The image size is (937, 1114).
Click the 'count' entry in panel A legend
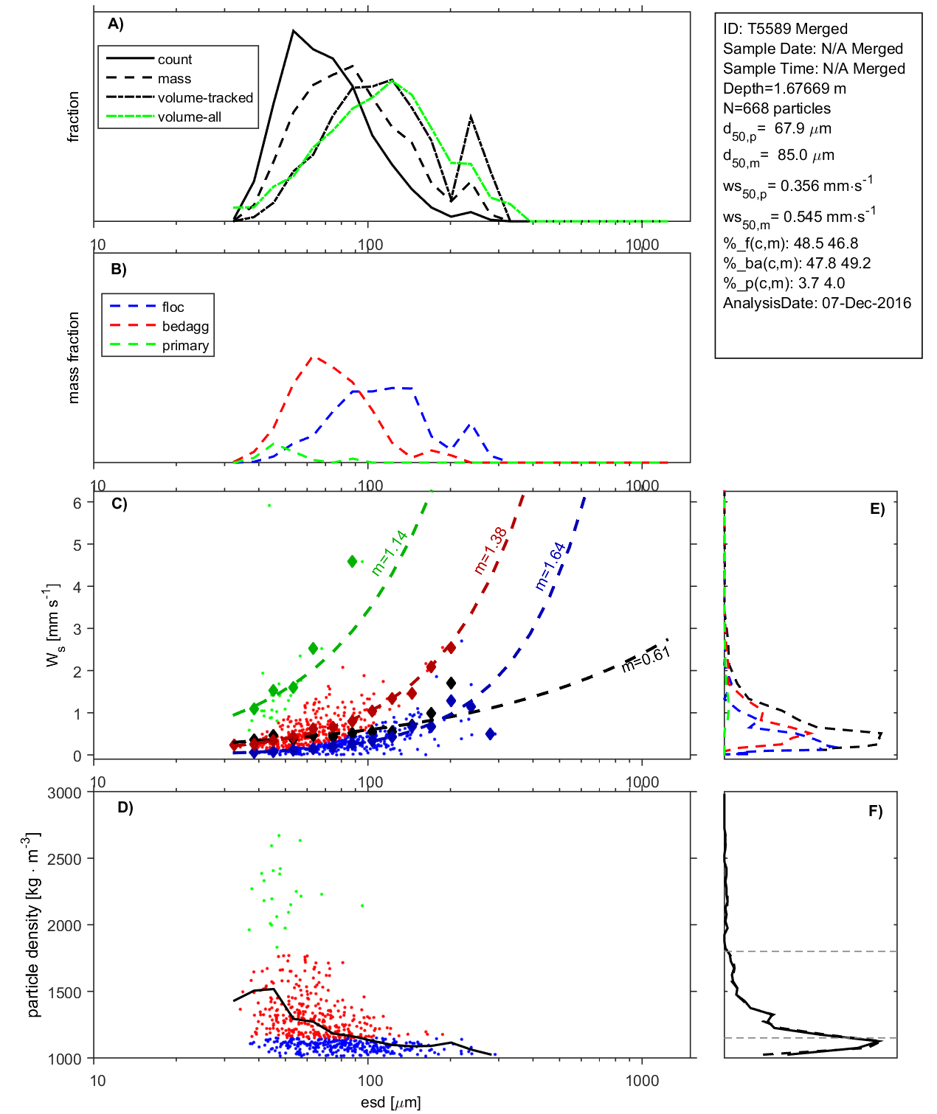pyautogui.click(x=174, y=60)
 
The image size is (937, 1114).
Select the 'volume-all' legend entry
pyautogui.click(x=189, y=117)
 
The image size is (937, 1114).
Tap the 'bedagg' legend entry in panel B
pyautogui.click(x=185, y=327)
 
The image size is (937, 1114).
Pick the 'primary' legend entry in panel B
pyautogui.click(x=185, y=346)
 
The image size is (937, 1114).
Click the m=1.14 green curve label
pyautogui.click(x=390, y=553)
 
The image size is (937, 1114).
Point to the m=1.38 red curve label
pyautogui.click(x=491, y=550)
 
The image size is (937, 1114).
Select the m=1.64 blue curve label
pyautogui.click(x=550, y=566)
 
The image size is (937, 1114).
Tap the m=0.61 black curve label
pyautogui.click(x=646, y=658)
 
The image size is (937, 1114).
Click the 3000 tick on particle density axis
pyautogui.click(x=64, y=793)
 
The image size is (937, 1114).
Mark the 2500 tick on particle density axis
pyautogui.click(x=64, y=859)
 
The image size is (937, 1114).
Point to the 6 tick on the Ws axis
pyautogui.click(x=77, y=503)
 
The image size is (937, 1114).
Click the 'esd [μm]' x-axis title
pyautogui.click(x=390, y=1103)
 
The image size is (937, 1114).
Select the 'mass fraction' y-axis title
pyautogui.click(x=73, y=358)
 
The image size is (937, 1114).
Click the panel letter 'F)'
pyautogui.click(x=876, y=811)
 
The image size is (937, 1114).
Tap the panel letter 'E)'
pyautogui.click(x=877, y=509)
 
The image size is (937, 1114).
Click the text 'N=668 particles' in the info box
pyautogui.click(x=776, y=108)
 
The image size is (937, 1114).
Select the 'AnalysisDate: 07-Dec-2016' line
pyautogui.click(x=817, y=303)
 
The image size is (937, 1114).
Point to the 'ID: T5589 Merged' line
pyautogui.click(x=785, y=29)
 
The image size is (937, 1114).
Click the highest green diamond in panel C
pyautogui.click(x=353, y=562)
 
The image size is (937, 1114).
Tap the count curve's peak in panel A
pyautogui.click(x=294, y=31)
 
